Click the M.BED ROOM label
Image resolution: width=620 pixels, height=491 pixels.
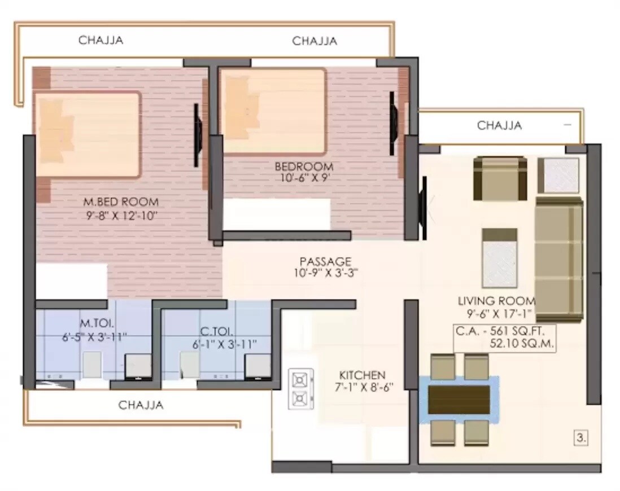point(121,201)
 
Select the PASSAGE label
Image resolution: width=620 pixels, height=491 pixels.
point(325,261)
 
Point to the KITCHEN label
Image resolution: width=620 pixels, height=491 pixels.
point(362,375)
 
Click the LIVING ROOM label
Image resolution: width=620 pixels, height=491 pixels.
point(496,301)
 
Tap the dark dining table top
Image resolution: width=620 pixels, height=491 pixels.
point(459,400)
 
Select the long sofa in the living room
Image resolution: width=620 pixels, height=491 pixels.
point(558,258)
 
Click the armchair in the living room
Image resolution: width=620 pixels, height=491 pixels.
point(500,178)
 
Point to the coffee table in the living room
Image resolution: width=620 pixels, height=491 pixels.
point(499,258)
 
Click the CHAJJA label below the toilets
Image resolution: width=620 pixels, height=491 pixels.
point(141,405)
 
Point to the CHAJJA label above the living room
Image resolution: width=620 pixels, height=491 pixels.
point(499,125)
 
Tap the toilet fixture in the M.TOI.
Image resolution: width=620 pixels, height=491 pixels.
point(92,364)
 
